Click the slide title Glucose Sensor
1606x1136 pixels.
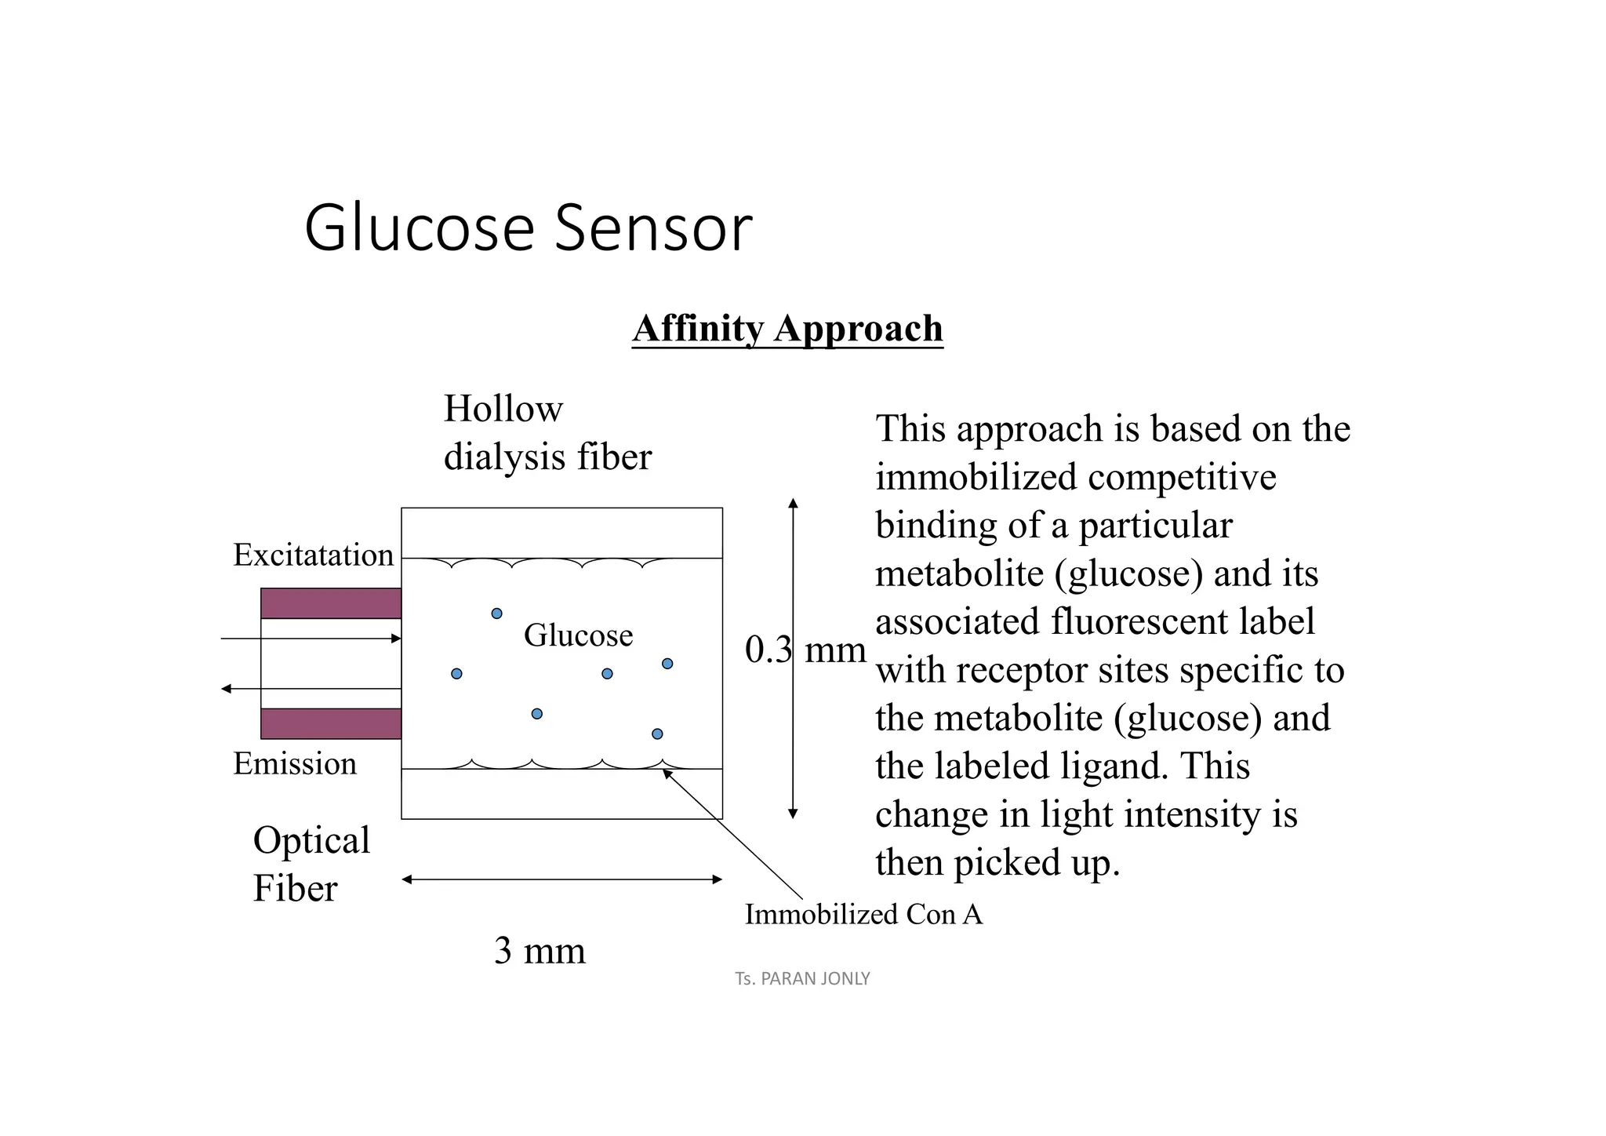[527, 228]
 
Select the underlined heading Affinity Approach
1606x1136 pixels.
[787, 329]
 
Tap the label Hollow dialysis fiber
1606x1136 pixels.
[547, 432]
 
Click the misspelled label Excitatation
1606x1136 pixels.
[313, 555]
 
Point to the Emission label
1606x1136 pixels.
[295, 764]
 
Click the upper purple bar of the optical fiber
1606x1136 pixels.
[331, 603]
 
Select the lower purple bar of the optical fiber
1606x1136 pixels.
[331, 723]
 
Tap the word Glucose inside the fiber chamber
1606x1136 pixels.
[578, 635]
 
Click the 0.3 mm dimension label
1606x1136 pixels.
[805, 650]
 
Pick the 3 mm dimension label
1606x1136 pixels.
[540, 951]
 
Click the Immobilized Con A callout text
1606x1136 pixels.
[863, 915]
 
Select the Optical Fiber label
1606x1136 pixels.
[311, 864]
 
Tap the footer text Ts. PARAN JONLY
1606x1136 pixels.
[802, 979]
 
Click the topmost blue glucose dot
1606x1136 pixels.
[496, 614]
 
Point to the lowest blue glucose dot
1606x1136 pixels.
[657, 734]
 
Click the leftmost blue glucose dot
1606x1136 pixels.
[456, 674]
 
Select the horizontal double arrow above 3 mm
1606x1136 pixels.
[561, 879]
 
